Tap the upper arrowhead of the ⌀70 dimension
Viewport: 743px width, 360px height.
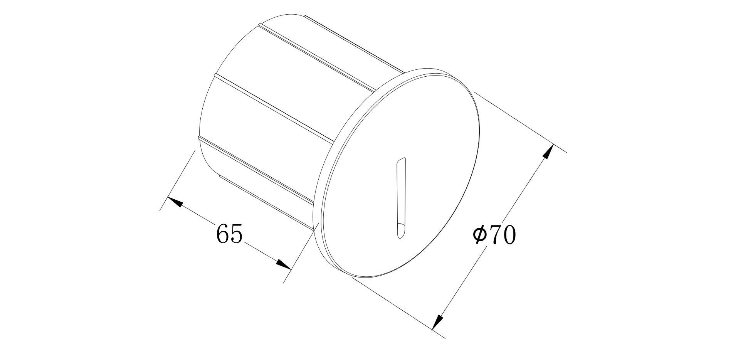pos(548,151)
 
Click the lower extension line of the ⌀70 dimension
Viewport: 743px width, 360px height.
pos(397,306)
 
